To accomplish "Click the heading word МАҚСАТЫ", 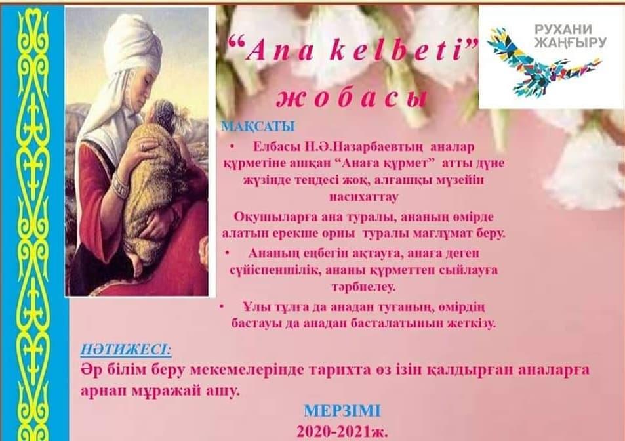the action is coord(258,127).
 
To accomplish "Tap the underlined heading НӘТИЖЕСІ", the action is coord(126,350).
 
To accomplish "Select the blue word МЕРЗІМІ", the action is coord(342,411).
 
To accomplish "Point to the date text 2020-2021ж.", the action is coord(342,432).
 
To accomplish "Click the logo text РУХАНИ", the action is coord(563,29).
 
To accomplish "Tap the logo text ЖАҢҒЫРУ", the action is coord(571,42).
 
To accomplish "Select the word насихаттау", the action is coord(363,197).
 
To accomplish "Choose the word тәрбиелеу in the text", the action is coord(363,287).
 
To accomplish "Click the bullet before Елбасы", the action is coord(232,147).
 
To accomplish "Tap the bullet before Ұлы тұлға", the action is coord(222,306).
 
